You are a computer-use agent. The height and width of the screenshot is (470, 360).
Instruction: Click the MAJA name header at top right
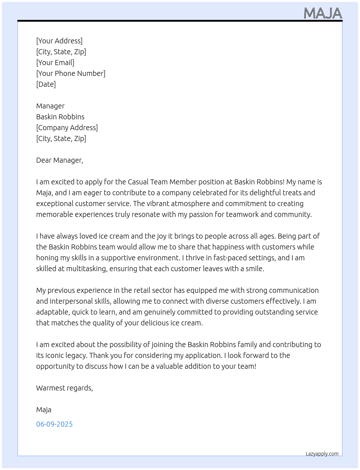323,13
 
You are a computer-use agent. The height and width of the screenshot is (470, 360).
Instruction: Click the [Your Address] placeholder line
59,41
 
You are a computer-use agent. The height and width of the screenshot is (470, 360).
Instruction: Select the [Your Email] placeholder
55,63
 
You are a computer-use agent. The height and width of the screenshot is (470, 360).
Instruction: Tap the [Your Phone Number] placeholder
71,73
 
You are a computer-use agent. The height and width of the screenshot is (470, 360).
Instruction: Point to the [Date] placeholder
46,84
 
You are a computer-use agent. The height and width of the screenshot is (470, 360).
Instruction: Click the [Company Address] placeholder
67,128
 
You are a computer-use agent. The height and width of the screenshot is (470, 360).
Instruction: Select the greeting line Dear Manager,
60,160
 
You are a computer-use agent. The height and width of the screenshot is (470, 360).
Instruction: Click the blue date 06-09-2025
54,424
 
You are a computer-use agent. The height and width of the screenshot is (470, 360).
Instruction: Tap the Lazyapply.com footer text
322,454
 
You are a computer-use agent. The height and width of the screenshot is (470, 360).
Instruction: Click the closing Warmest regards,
64,388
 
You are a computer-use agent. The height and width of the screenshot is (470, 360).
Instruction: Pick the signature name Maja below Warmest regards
44,410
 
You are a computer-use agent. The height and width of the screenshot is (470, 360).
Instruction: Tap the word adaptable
52,312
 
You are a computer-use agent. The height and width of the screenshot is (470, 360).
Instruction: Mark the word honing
47,258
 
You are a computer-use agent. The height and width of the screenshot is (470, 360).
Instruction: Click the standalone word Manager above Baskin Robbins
50,106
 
